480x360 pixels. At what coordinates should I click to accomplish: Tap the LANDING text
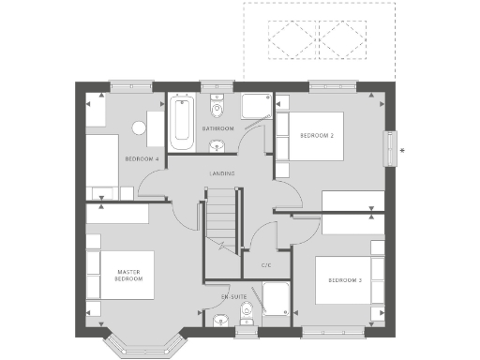pyautogui.click(x=222, y=173)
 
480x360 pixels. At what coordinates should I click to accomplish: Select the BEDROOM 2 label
pyautogui.click(x=317, y=136)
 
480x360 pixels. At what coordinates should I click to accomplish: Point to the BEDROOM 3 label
pyautogui.click(x=345, y=280)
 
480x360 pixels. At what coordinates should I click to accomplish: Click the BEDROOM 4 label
pyautogui.click(x=142, y=159)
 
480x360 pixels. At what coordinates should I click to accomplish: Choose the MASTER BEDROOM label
pyautogui.click(x=128, y=276)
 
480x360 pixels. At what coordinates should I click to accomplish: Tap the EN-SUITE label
pyautogui.click(x=233, y=296)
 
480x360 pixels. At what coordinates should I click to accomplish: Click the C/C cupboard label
pyautogui.click(x=266, y=265)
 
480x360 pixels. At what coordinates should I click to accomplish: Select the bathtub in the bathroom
pyautogui.click(x=182, y=122)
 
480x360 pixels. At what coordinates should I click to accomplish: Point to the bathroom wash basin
pyautogui.click(x=217, y=145)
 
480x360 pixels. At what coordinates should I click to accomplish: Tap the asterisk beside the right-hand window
pyautogui.click(x=402, y=150)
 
